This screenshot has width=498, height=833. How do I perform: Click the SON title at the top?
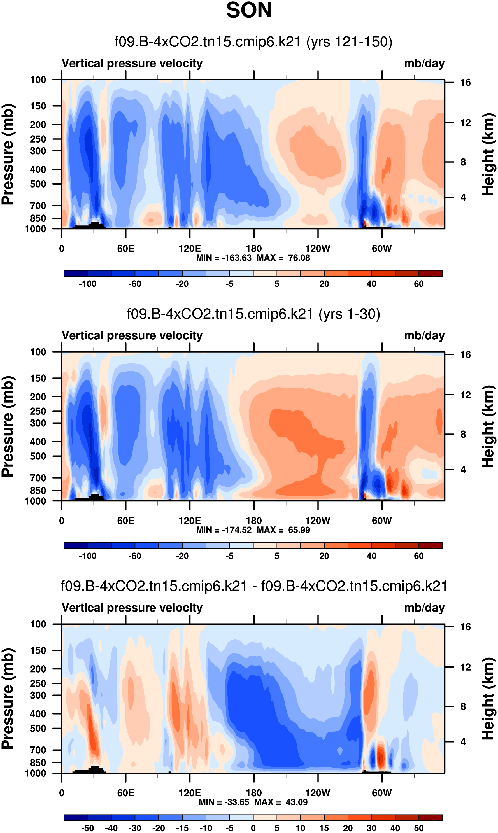249,10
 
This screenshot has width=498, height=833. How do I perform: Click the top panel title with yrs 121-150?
253,42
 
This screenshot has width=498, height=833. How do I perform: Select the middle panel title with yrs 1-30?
253,314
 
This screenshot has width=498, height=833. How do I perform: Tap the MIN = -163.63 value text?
224,258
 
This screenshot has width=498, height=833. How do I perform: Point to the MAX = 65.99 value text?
283,530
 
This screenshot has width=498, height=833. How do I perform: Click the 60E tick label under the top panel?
126,249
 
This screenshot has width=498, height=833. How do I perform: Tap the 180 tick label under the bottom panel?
254,793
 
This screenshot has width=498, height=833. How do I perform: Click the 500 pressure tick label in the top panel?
38,184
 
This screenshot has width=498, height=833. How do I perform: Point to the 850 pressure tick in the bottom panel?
38,762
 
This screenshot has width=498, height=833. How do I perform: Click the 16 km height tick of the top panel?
465,83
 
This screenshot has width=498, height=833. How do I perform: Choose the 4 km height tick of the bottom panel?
463,742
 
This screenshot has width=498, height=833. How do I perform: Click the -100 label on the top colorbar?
88,284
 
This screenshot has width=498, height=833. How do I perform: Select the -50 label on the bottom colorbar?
88,828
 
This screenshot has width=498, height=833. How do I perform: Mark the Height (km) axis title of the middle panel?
488,426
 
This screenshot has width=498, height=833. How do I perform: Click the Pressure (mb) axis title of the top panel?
7,154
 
